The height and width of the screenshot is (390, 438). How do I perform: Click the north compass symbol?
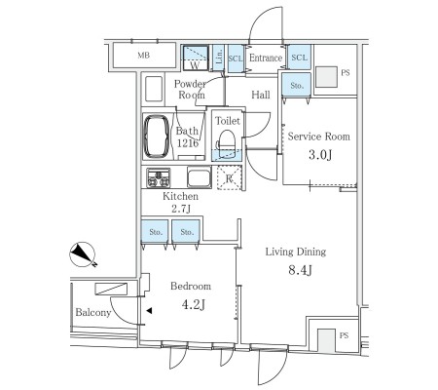pyautogui.click(x=83, y=254)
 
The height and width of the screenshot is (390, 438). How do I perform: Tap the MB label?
pyautogui.click(x=144, y=56)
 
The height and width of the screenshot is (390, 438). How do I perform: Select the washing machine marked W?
pyautogui.click(x=196, y=58)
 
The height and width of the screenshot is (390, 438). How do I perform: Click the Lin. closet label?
pyautogui.click(x=219, y=57)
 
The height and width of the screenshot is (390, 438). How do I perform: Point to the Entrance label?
pyautogui.click(x=266, y=58)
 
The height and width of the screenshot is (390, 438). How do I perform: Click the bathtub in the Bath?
pyautogui.click(x=157, y=136)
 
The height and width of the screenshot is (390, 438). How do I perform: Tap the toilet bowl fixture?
pyautogui.click(x=227, y=142)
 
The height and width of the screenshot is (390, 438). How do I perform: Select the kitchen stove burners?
pyautogui.click(x=159, y=177)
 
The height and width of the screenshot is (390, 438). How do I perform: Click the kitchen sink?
pyautogui.click(x=200, y=177)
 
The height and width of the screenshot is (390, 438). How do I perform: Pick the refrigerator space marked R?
pyautogui.click(x=230, y=177)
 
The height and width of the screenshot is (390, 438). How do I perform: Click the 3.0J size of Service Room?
pyautogui.click(x=320, y=155)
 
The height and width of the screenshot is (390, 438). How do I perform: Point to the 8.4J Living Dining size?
pyautogui.click(x=300, y=270)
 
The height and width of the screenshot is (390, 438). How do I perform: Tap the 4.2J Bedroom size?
pyautogui.click(x=193, y=304)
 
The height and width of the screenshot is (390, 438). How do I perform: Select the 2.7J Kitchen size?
pyautogui.click(x=181, y=209)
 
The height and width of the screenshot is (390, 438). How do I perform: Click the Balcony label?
pyautogui.click(x=93, y=313)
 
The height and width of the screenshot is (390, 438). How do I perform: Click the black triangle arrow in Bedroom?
pyautogui.click(x=149, y=311)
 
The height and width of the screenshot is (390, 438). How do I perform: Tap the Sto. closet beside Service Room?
pyautogui.click(x=297, y=85)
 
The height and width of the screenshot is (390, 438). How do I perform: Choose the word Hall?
pyautogui.click(x=261, y=95)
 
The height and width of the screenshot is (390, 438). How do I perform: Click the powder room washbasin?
pyautogui.click(x=154, y=89)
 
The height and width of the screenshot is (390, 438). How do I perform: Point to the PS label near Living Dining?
pyautogui.click(x=344, y=335)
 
